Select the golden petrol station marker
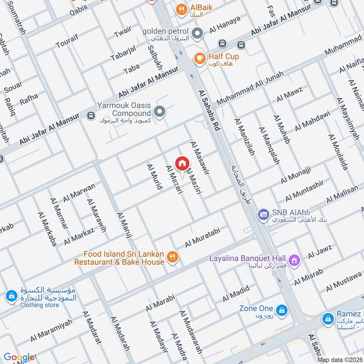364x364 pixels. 197,33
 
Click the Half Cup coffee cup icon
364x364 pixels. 199,57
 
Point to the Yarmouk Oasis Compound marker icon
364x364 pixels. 159,111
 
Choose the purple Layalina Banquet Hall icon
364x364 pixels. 295,260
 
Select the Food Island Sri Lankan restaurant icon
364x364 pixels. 172,258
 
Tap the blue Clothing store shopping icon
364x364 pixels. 10,296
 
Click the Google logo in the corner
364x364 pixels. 19,357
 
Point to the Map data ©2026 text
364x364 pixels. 339,360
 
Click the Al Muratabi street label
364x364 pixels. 202,238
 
